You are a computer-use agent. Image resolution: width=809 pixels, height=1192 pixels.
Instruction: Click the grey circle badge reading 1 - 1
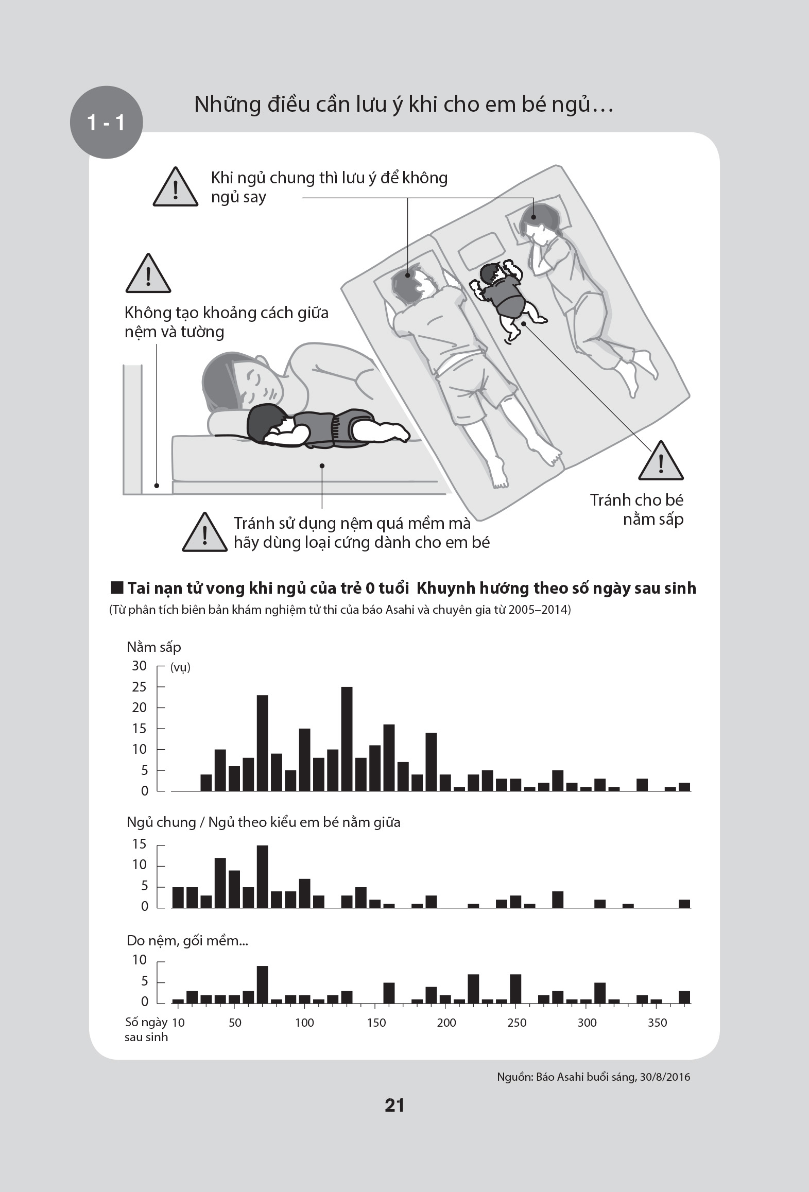coord(106,123)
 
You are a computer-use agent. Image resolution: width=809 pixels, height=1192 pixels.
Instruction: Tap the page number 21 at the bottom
coord(394,1105)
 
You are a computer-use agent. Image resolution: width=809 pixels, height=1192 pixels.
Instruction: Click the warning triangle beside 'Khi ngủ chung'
coord(176,188)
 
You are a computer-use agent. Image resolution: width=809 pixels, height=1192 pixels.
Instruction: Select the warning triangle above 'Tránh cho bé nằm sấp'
coord(661,462)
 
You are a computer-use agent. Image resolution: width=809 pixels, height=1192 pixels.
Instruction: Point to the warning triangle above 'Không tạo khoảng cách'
coord(148,274)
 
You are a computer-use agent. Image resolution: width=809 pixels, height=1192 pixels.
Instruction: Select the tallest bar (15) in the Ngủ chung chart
coord(262,876)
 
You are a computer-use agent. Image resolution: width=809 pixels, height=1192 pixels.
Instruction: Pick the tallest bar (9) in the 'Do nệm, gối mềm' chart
coord(262,984)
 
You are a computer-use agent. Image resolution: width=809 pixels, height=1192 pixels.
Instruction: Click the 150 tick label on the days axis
coord(376,1023)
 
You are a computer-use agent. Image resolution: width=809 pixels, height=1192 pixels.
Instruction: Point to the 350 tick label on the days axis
coord(657,1023)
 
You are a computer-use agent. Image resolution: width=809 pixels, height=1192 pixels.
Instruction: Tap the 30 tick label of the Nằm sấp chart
coord(139,666)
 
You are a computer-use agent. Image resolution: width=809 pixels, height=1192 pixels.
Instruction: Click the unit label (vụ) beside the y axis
coord(180,667)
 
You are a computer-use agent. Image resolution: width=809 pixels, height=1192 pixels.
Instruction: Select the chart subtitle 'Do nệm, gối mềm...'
coord(187,941)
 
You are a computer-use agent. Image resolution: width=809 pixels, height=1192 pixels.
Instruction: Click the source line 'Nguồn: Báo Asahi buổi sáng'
coord(593,1077)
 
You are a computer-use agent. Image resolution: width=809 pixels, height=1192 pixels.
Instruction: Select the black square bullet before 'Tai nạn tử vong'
coord(117,588)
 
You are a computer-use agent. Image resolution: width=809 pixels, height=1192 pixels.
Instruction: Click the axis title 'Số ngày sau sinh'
coord(146,1029)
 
